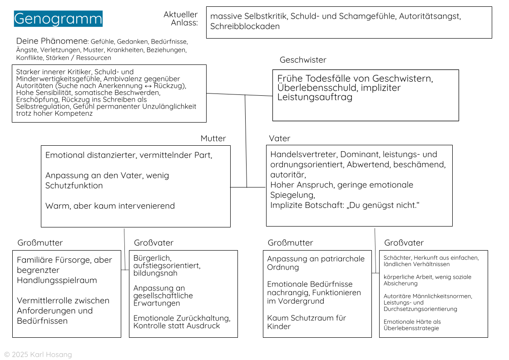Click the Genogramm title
(58, 19)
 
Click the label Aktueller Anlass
(181, 19)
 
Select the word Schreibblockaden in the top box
(245, 26)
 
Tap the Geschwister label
(303, 60)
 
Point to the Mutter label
(213, 138)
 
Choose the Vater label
(279, 138)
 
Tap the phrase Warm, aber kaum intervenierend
(110, 206)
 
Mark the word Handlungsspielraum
(57, 281)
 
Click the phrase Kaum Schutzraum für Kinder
(306, 322)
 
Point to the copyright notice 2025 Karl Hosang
(38, 355)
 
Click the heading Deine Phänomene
(52, 41)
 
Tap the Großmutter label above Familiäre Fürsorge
(40, 243)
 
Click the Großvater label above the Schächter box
(404, 243)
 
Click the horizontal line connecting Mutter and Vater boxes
(248, 187)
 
